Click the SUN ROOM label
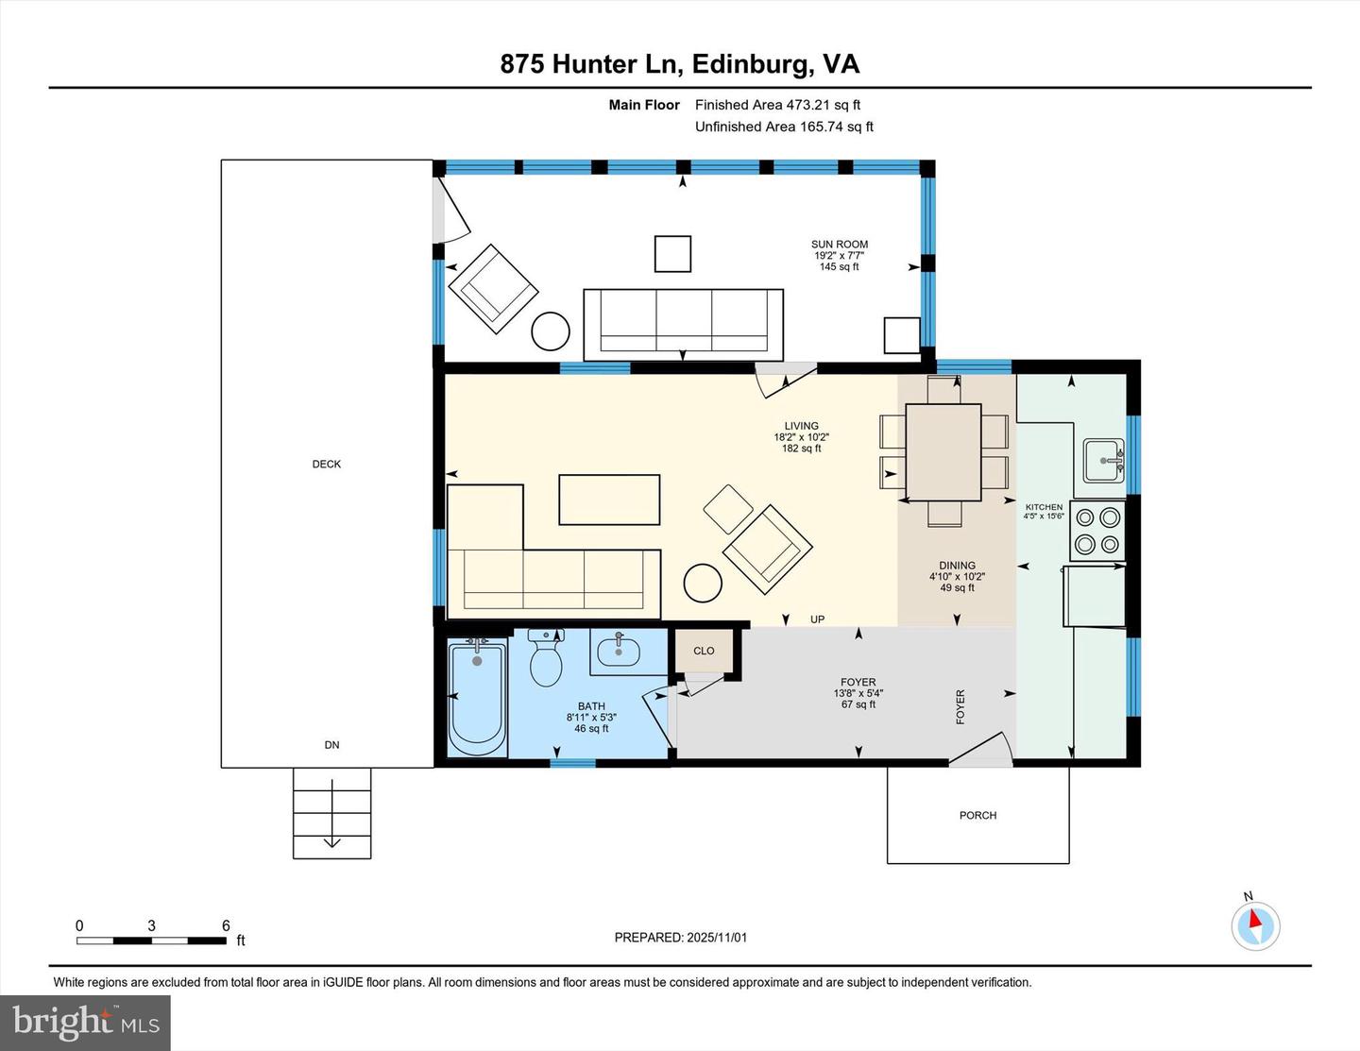tap(839, 245)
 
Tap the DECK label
tap(326, 464)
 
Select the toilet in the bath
tap(546, 658)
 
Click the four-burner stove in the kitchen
tap(1097, 531)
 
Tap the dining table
tap(943, 452)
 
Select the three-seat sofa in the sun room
tap(683, 324)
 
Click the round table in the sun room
tap(551, 331)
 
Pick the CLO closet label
tap(704, 651)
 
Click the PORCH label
tap(977, 815)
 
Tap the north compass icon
tap(1255, 924)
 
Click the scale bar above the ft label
tap(151, 941)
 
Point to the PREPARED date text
tap(680, 938)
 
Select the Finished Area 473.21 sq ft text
tap(777, 105)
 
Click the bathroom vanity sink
tap(619, 652)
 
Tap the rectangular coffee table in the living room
tap(609, 500)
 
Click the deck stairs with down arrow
tap(331, 812)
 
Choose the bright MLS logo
tap(85, 1023)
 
